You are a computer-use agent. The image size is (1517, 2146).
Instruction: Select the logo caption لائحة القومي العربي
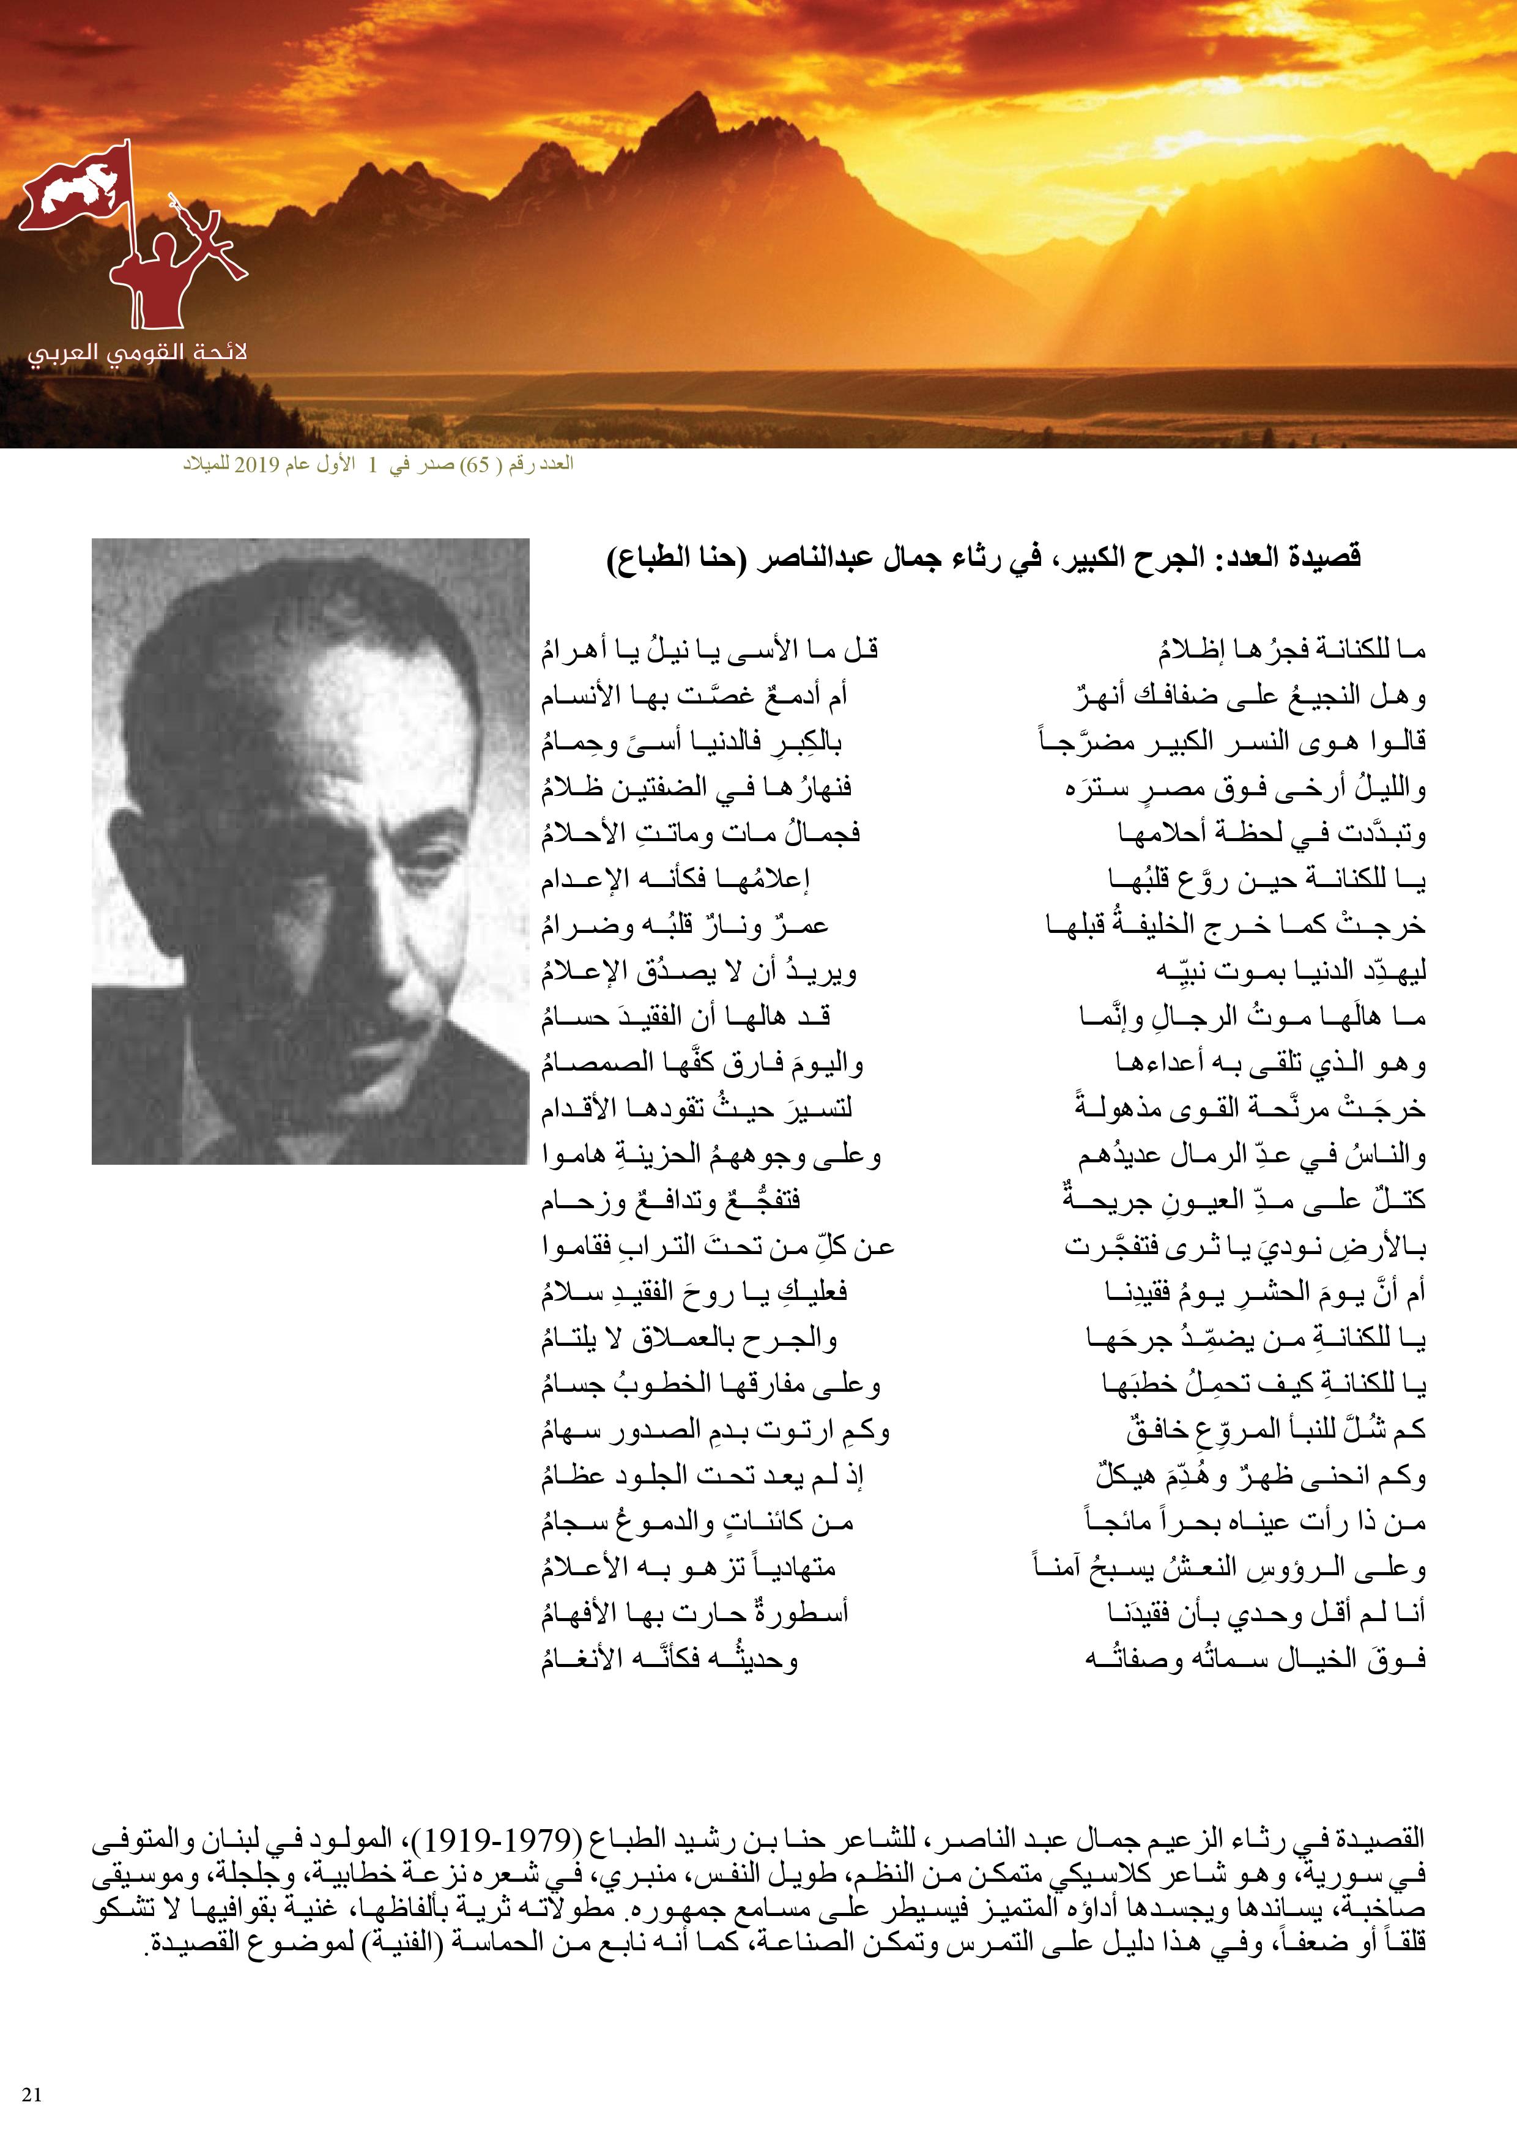coord(138,354)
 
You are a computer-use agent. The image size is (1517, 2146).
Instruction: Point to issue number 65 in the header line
coord(478,466)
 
